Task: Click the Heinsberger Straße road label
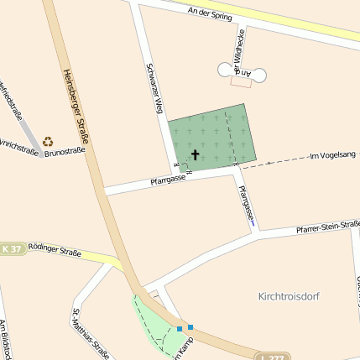tap(76, 105)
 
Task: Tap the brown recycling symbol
tap(48, 142)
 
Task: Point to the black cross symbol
tap(196, 154)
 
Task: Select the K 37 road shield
tap(12, 249)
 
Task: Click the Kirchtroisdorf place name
tap(290, 296)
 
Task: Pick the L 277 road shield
tap(273, 357)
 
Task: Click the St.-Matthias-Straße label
tap(91, 333)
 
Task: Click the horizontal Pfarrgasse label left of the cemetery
tap(168, 179)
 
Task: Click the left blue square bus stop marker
tap(180, 328)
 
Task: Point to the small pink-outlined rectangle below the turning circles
tap(241, 81)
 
